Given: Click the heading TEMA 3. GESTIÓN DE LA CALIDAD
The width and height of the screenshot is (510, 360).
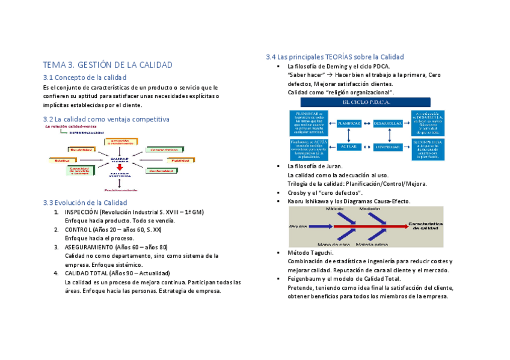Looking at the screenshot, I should [x=108, y=65].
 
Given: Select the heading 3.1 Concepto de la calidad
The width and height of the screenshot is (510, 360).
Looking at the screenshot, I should [x=85, y=78].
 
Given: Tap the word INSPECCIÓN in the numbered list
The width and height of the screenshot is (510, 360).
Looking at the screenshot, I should [x=82, y=212].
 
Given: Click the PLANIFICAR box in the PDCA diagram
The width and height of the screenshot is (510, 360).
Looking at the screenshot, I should [x=348, y=123].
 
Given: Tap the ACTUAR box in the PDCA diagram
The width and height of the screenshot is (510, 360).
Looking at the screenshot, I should [x=348, y=146].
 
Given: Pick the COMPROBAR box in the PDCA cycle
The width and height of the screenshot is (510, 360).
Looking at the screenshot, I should [x=388, y=146].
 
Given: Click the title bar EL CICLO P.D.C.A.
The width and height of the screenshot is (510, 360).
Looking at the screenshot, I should [x=367, y=102].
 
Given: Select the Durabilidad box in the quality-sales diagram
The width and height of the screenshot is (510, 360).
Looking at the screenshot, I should [x=81, y=149].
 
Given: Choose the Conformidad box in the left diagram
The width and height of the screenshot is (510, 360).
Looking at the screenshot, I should [x=162, y=171].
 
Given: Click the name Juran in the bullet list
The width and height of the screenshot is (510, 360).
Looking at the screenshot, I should [x=333, y=166].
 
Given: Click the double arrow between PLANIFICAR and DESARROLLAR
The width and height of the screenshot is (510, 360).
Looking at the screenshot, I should [x=367, y=123].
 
